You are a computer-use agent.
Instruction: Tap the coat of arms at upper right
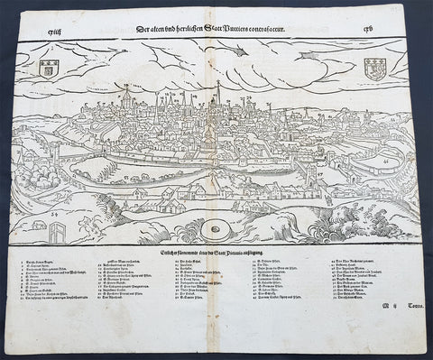pos(374,67)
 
